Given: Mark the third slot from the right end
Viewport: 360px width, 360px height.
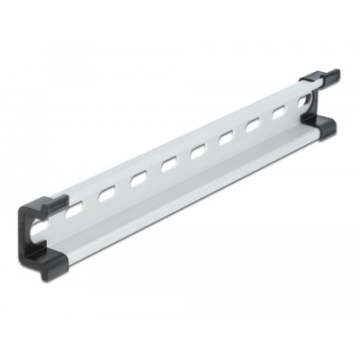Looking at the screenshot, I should (x=255, y=125).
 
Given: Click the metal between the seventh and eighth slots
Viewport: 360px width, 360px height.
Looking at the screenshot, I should (x=268, y=119).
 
